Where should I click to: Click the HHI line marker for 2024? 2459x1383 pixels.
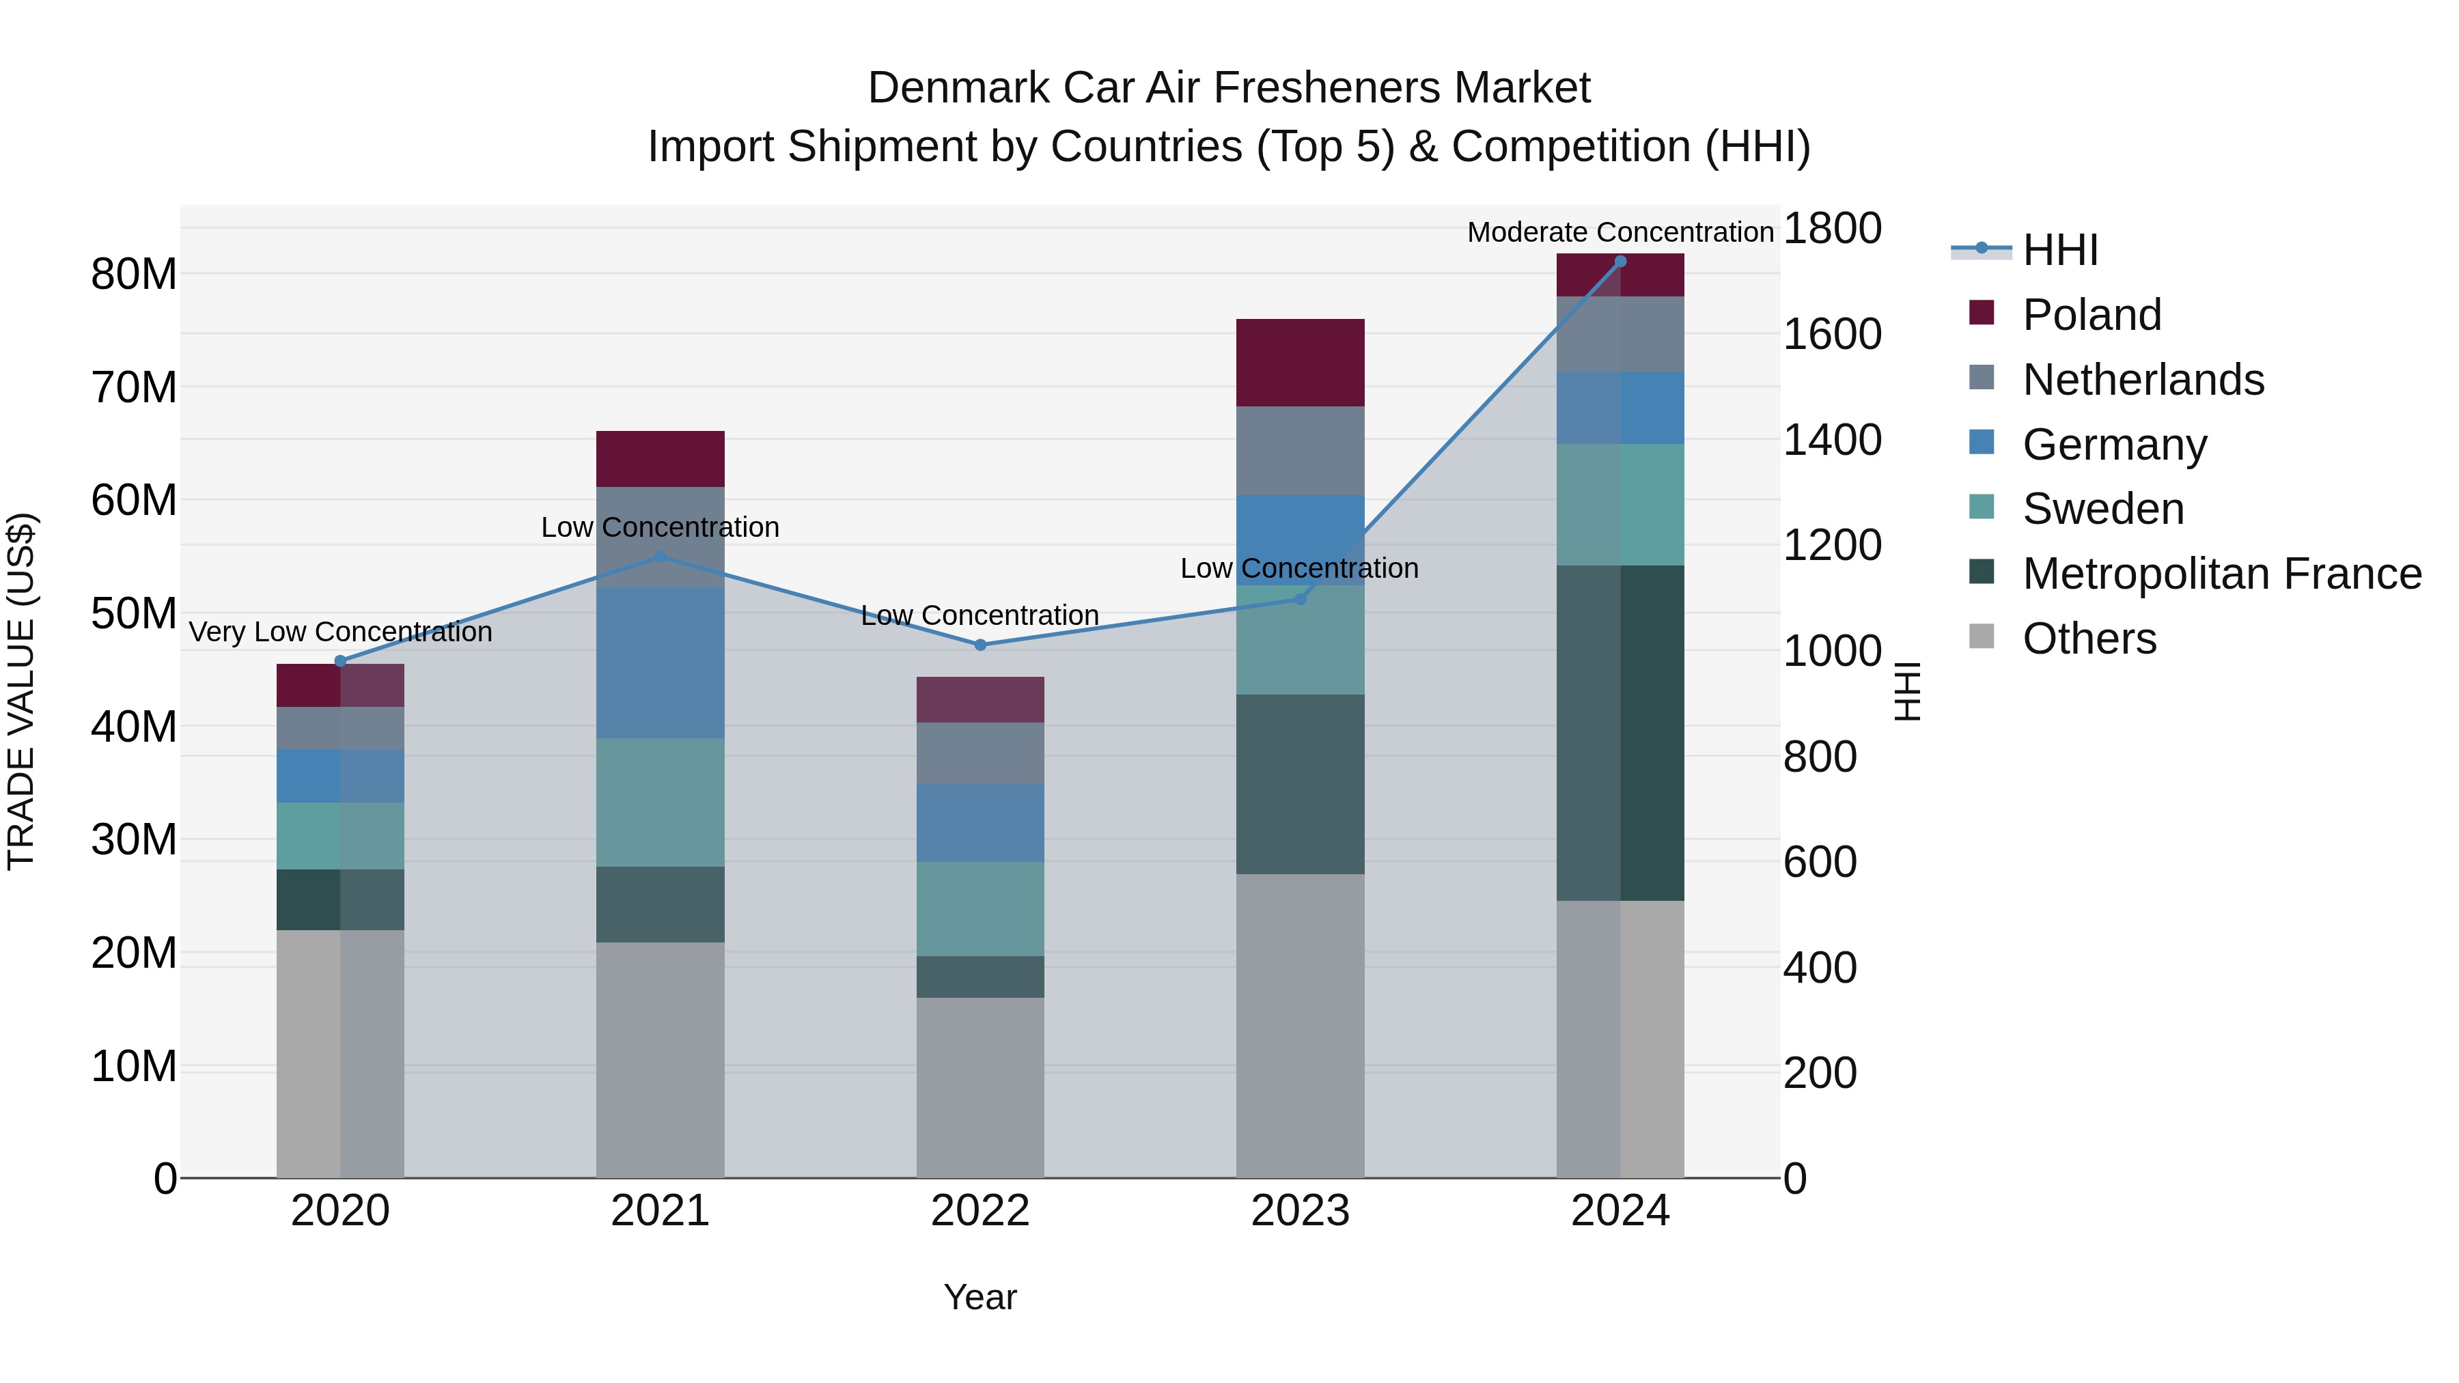(x=1620, y=262)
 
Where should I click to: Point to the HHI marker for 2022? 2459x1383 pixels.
(x=980, y=645)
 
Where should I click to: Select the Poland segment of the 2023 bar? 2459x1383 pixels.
(x=1300, y=363)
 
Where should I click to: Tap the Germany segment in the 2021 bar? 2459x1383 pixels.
(x=661, y=662)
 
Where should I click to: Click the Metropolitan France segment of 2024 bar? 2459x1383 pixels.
(x=1620, y=733)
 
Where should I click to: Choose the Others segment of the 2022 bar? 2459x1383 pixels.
(x=980, y=1088)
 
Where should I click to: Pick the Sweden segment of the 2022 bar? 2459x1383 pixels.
(x=980, y=908)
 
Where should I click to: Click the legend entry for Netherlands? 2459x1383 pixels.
(x=2143, y=380)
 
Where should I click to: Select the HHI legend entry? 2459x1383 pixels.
(x=2060, y=250)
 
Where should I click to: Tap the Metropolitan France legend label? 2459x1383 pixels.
(x=2222, y=574)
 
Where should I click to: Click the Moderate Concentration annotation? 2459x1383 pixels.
(x=1620, y=232)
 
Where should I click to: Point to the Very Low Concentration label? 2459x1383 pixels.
(x=341, y=632)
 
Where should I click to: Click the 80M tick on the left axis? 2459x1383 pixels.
(x=134, y=275)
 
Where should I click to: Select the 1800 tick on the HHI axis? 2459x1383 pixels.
(x=1832, y=229)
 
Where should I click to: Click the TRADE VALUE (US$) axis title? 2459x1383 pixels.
(x=21, y=691)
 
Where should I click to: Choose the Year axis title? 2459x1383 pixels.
(x=980, y=1297)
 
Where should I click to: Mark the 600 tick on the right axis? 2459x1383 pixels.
(x=1820, y=862)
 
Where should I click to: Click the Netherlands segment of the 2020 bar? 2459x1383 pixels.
(x=341, y=728)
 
